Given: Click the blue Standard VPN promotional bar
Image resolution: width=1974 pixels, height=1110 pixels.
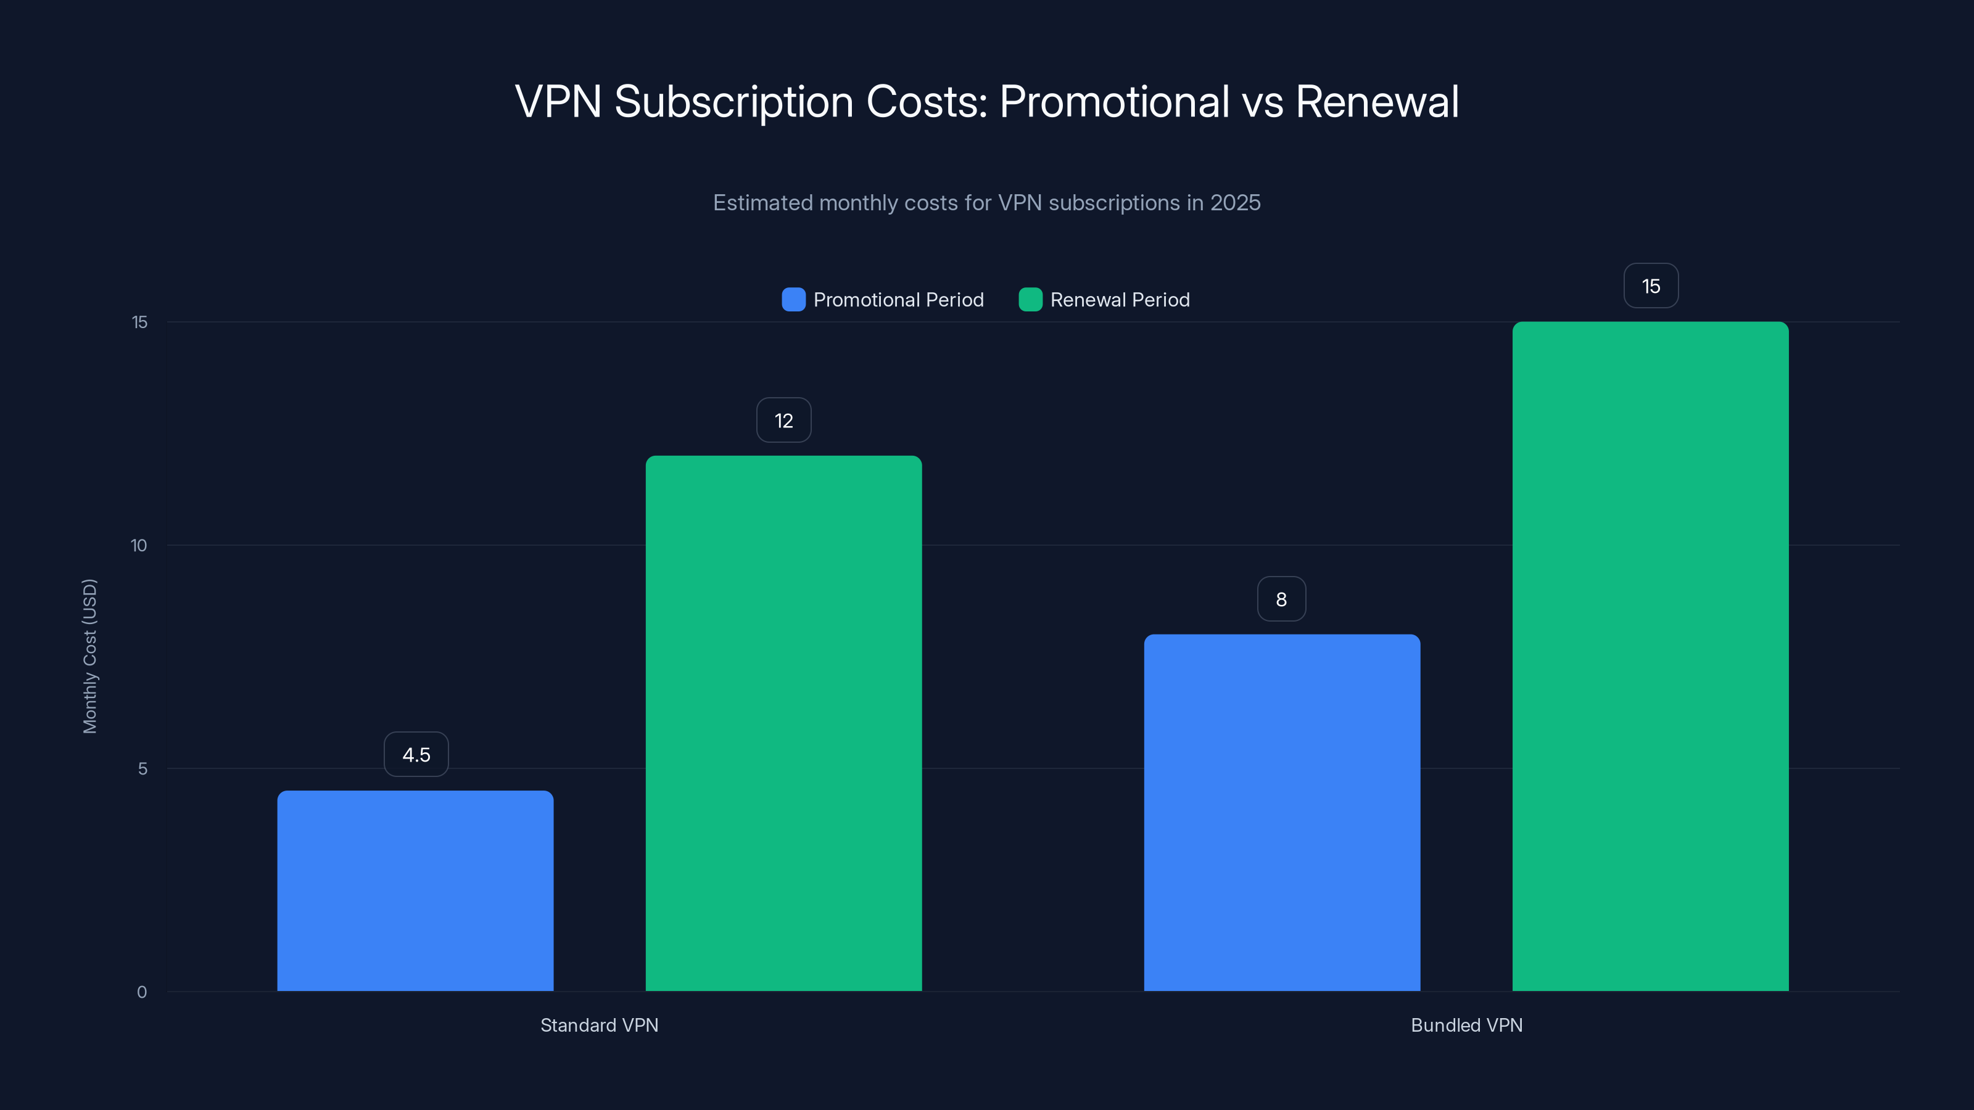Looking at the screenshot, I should coord(415,891).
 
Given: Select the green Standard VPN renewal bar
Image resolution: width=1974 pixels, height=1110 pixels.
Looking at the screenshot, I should coord(783,723).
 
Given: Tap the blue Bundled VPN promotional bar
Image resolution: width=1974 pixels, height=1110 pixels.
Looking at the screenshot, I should coord(1282,813).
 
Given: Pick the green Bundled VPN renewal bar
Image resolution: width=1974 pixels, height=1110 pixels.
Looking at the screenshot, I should coord(1650,657).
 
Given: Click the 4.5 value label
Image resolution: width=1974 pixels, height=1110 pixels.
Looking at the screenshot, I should coord(416,755).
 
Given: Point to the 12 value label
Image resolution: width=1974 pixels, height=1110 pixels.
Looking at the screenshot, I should coord(783,421).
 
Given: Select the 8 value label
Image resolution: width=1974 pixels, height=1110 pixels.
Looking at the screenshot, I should coord(1281,599).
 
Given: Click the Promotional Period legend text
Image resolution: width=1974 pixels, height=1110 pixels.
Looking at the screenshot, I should coord(898,300).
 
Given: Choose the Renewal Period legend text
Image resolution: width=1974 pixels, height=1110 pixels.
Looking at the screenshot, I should coord(1120,300).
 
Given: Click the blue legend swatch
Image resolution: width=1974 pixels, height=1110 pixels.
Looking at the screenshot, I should coord(793,300).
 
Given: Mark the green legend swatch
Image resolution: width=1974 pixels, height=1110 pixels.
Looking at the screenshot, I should coord(1030,300).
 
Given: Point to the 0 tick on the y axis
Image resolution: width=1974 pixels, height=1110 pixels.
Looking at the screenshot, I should coord(142,992).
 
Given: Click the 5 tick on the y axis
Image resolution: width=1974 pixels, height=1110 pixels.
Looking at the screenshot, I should coord(142,768).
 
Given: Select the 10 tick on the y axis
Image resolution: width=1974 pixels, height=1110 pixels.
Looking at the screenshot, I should coord(139,545).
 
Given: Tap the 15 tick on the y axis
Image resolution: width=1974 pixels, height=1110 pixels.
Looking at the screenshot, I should coord(139,322).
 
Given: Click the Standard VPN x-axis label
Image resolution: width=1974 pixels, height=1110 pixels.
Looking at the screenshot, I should coord(599,1025).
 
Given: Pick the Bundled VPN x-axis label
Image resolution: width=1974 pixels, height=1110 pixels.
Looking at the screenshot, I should coord(1466,1025).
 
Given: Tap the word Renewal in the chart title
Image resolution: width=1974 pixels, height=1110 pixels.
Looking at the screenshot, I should coord(1376,101).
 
